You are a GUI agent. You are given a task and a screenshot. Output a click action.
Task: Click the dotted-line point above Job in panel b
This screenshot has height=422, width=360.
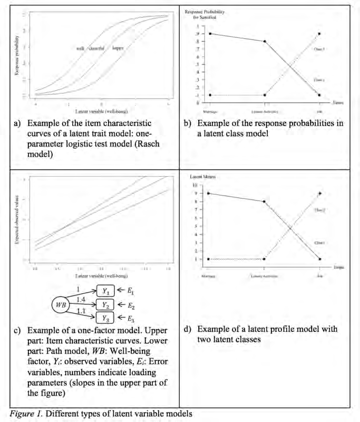[319, 33]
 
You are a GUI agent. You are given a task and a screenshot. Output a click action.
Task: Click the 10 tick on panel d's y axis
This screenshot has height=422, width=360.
[195, 186]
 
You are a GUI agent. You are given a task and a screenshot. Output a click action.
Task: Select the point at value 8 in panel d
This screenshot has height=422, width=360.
[265, 202]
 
